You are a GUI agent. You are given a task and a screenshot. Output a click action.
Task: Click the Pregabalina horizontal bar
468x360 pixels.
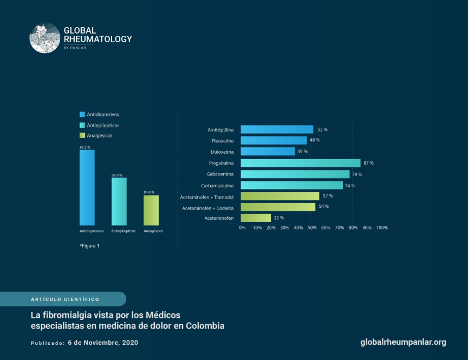click(x=300, y=163)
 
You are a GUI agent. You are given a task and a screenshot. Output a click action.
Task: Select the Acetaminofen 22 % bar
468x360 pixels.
click(x=256, y=218)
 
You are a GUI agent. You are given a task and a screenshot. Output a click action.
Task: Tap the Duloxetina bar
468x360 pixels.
click(x=268, y=152)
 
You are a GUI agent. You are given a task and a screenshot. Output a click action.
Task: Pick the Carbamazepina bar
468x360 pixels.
click(x=291, y=185)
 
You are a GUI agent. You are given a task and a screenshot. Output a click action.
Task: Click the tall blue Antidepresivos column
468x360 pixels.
click(x=87, y=187)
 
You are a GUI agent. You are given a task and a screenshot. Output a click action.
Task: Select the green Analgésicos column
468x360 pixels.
click(x=151, y=210)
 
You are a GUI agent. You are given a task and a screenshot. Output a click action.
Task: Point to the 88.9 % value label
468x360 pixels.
click(x=117, y=175)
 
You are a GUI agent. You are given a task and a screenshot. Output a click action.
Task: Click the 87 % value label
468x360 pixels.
click(x=368, y=163)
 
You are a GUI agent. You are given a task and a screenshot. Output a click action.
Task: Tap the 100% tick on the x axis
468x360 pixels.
click(x=381, y=227)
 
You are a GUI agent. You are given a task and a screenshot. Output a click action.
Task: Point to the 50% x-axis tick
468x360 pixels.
click(x=312, y=227)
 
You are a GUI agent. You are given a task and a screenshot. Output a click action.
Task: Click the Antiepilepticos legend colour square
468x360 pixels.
click(x=82, y=125)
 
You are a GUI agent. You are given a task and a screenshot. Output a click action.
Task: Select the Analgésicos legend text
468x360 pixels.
click(x=100, y=135)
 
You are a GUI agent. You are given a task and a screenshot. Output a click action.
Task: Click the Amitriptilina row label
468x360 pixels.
click(x=220, y=130)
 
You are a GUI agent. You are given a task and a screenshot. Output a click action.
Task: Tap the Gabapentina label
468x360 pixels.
click(x=220, y=174)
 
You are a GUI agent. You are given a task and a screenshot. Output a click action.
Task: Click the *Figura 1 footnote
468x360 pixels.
click(x=89, y=246)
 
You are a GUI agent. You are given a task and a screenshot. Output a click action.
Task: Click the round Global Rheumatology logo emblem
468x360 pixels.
click(x=44, y=38)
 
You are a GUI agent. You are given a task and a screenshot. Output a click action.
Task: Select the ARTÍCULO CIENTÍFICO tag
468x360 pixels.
click(x=64, y=299)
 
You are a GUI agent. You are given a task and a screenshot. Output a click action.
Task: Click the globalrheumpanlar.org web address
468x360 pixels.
click(x=403, y=342)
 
